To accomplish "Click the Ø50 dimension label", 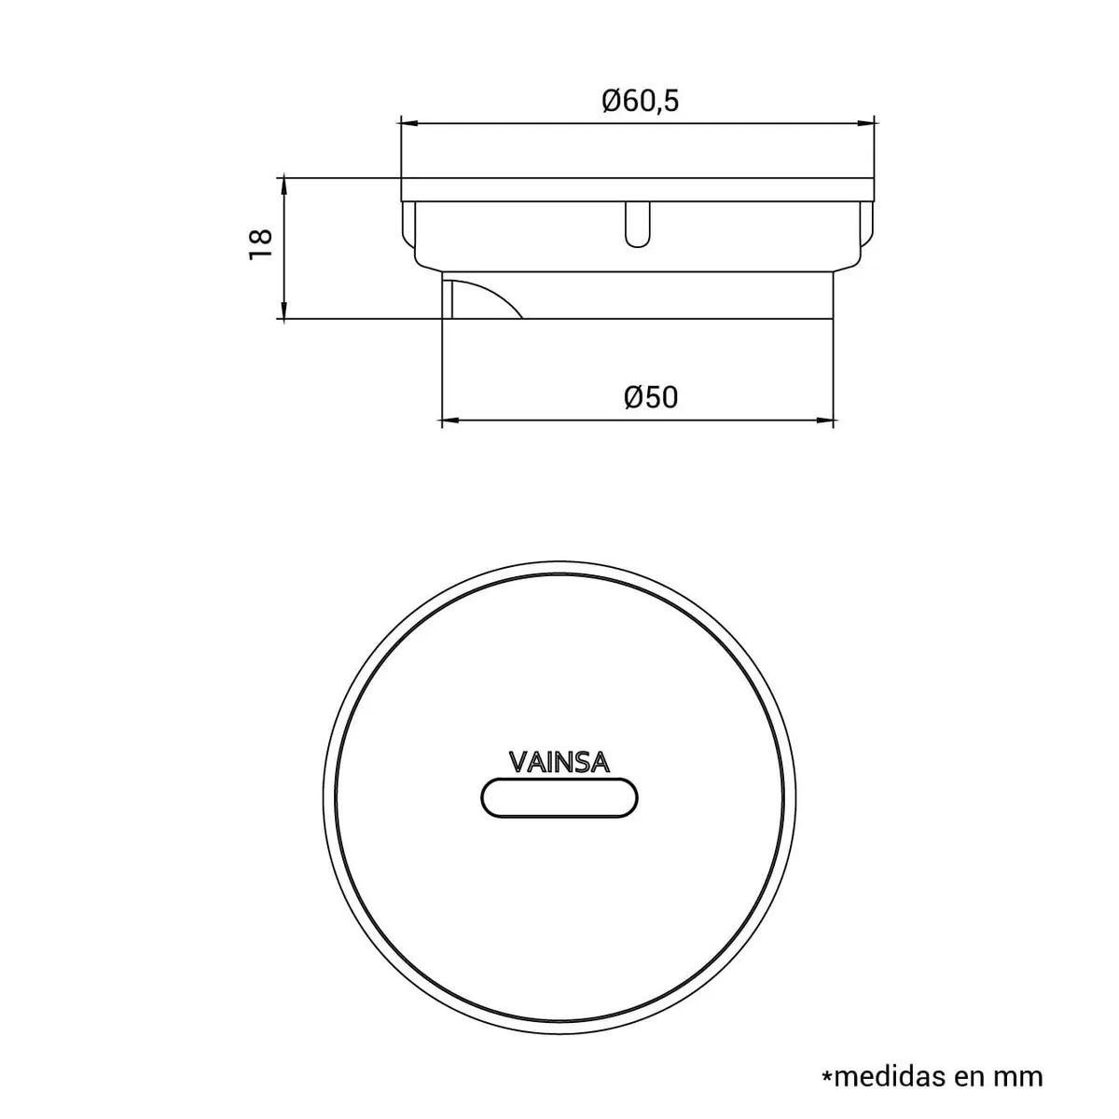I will tap(651, 397).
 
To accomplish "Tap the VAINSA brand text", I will tap(559, 763).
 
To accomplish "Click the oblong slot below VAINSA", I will tap(559, 799).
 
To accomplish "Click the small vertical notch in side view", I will tap(637, 223).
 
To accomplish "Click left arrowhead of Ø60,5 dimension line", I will tap(407, 122).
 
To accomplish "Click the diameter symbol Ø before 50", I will tap(633, 397).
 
